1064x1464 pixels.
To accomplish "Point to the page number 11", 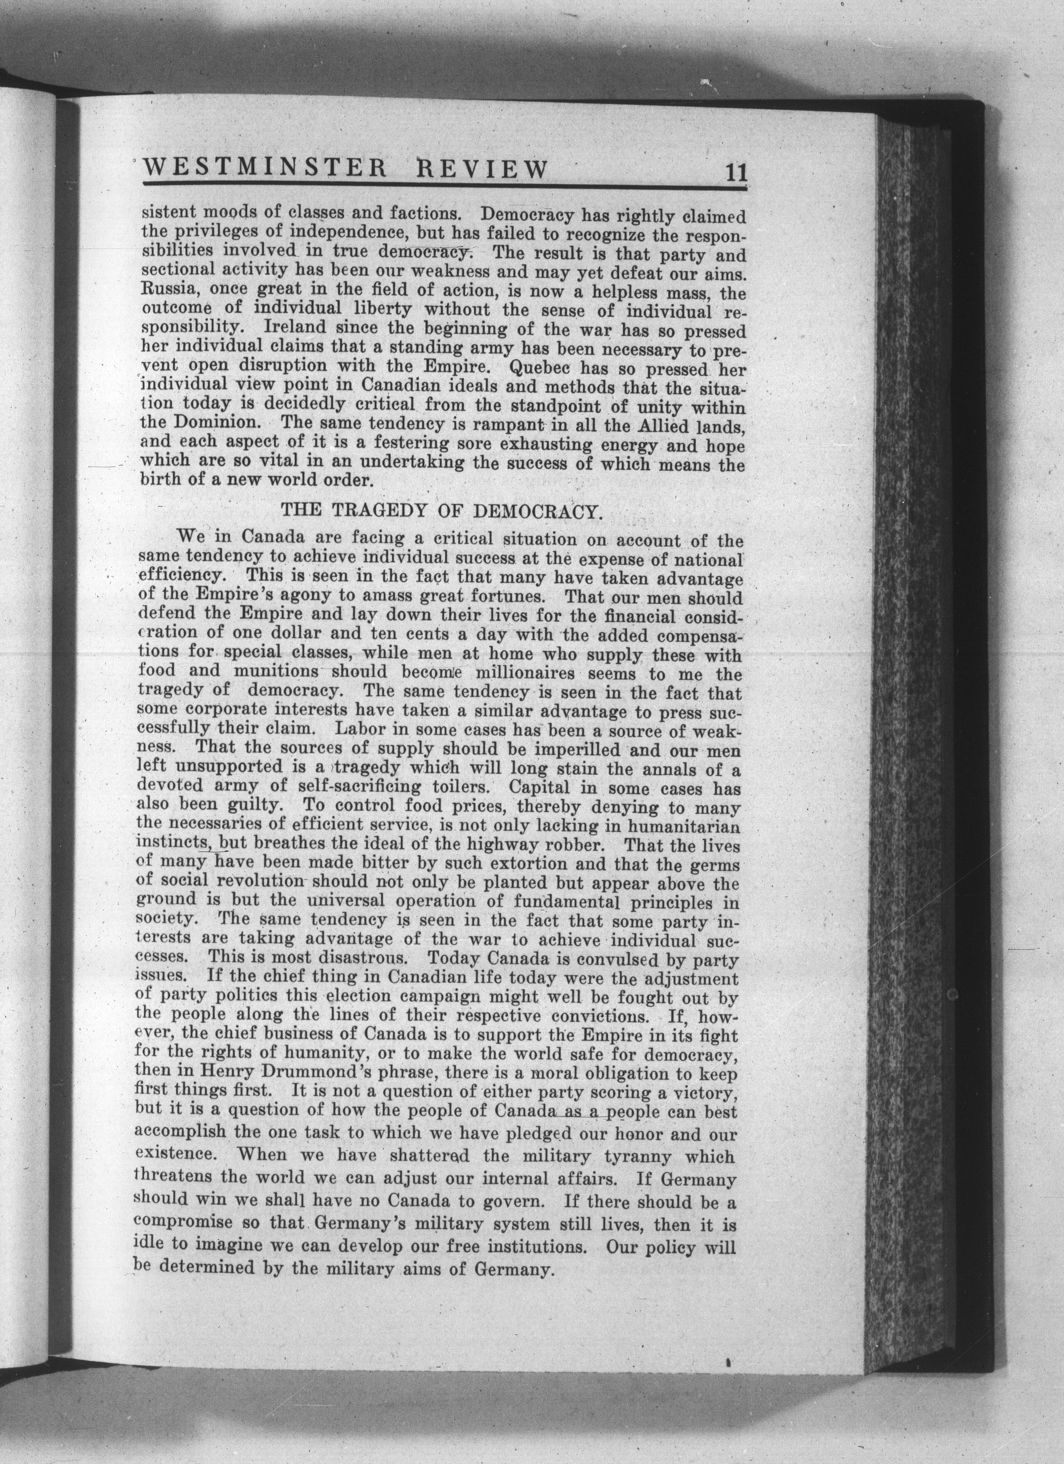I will (735, 173).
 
